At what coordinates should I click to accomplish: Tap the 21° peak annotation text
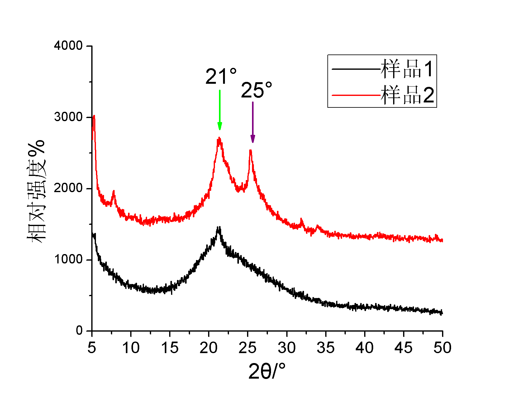pos(221,76)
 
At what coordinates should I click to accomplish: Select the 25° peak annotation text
pos(256,90)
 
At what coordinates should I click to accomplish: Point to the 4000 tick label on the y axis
pos(68,46)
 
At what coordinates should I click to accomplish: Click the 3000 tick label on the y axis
pos(68,117)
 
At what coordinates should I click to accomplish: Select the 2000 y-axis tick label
pos(68,188)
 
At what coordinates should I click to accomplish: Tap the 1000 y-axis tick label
pos(68,259)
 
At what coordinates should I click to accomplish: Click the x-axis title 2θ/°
pos(267,371)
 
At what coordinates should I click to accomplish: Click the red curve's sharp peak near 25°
pos(250,151)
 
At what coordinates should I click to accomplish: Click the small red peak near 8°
pos(114,192)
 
